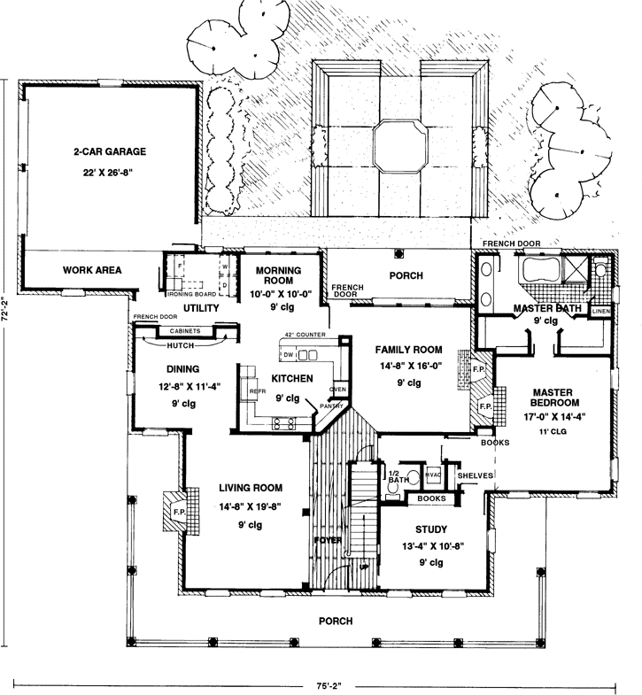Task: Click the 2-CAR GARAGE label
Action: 110,151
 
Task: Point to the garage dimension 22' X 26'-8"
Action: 110,174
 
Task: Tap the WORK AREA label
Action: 92,270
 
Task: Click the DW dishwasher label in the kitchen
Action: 289,355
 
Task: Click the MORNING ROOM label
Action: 273,275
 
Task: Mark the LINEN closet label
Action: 599,312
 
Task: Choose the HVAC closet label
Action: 433,475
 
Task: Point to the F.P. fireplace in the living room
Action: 178,512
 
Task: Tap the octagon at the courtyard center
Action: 398,146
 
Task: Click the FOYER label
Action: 326,538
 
